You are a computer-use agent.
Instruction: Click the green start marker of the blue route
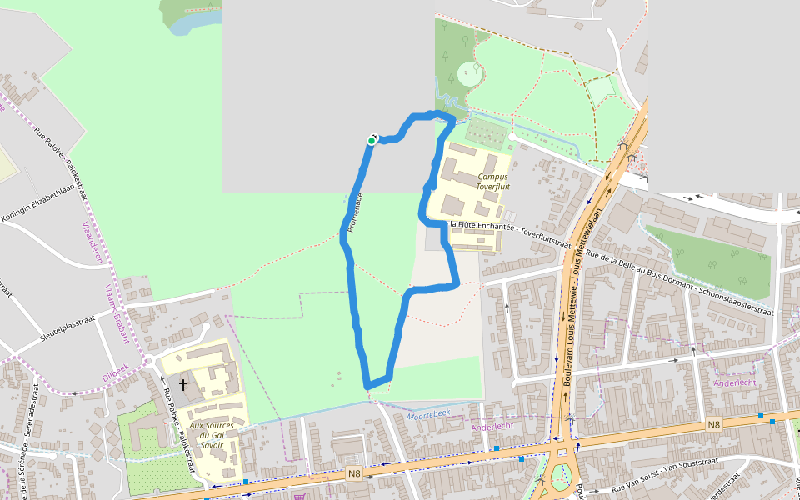pos(371,141)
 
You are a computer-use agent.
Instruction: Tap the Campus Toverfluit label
pos(492,182)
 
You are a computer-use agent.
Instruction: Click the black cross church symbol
pos(182,385)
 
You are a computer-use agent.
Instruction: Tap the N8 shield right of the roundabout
pos(713,425)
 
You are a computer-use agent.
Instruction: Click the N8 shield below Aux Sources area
pos(354,474)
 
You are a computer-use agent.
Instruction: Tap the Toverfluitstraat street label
pos(509,236)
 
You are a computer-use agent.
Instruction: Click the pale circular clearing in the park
pos(469,74)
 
